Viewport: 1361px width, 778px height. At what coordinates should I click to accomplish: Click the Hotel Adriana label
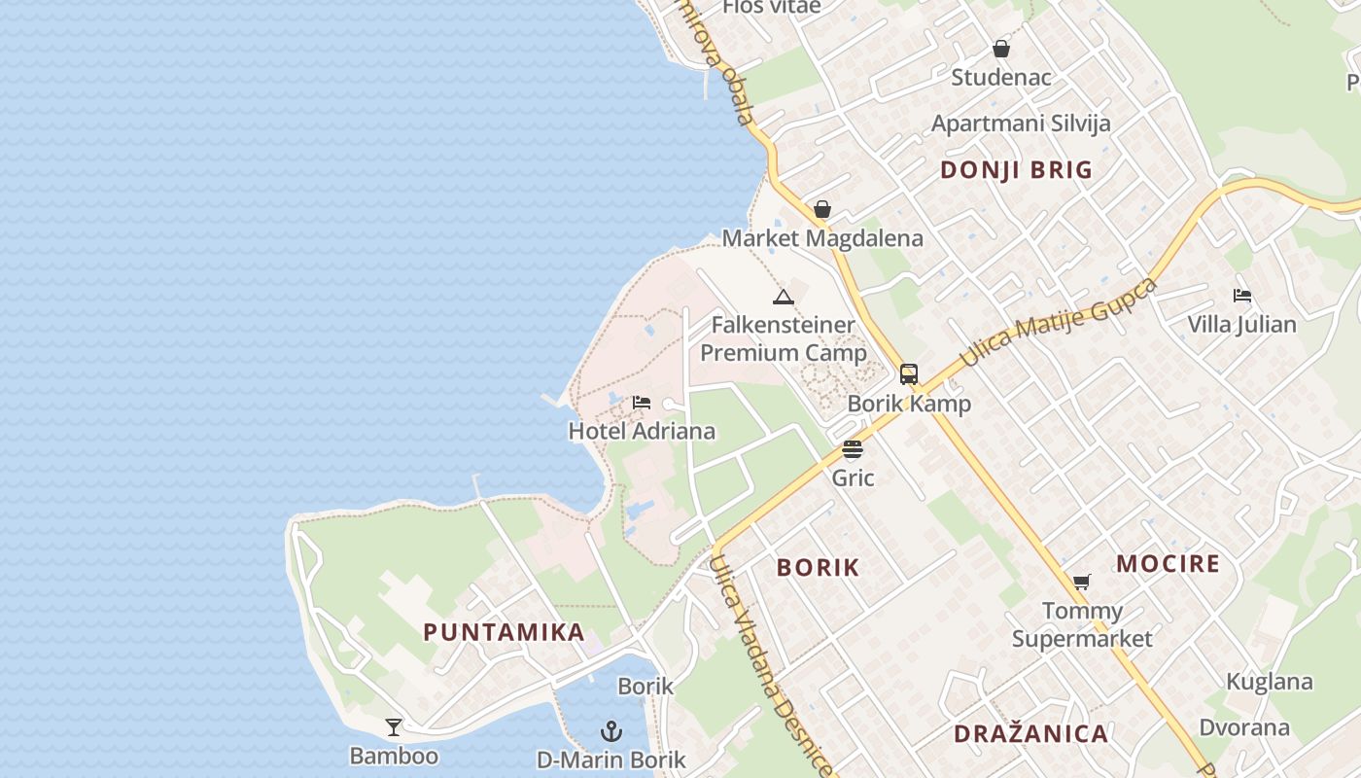coord(642,431)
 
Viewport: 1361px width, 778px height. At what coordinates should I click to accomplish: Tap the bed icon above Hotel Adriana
coord(642,403)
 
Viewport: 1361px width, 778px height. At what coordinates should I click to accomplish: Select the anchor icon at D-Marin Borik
coord(611,730)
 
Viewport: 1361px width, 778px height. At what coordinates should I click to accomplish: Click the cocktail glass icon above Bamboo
coord(394,727)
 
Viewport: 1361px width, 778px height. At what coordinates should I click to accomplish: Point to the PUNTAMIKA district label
coord(504,632)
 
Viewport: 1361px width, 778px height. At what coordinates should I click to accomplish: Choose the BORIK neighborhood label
coord(818,568)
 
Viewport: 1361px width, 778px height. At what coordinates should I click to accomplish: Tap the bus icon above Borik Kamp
coord(909,374)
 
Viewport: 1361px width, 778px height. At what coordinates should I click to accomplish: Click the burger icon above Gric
coord(853,449)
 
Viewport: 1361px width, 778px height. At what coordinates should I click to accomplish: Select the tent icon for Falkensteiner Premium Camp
coord(784,297)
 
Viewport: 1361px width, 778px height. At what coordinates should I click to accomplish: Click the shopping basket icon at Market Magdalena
coord(822,209)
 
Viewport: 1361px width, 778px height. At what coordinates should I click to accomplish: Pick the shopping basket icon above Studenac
coord(1001,49)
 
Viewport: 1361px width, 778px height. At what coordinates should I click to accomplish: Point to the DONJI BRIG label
coord(1016,170)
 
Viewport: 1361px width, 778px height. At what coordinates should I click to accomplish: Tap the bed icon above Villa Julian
coord(1241,296)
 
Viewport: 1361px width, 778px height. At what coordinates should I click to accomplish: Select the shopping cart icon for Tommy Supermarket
coord(1081,583)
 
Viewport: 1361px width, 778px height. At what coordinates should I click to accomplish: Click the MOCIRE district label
coord(1168,564)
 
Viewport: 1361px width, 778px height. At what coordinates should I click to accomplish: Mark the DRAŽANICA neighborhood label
coord(1030,734)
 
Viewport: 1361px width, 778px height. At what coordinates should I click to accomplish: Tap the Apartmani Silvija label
coord(1021,124)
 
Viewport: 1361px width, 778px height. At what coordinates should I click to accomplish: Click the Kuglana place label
coord(1269,682)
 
